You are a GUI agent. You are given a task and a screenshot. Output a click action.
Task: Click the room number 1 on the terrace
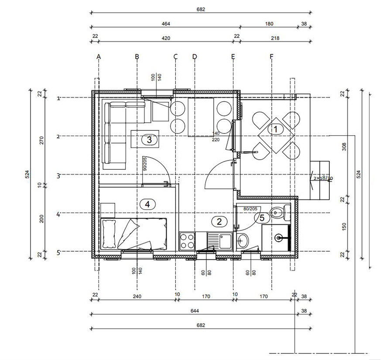(x=275, y=129)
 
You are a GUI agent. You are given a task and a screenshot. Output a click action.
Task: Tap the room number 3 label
(x=149, y=140)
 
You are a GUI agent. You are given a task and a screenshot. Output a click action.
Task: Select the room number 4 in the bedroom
(x=147, y=205)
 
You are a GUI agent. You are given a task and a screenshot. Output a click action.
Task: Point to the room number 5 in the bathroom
(x=262, y=218)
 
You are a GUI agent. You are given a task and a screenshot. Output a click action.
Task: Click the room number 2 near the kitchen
(x=219, y=221)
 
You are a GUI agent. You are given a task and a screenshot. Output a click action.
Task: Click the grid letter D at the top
(x=195, y=57)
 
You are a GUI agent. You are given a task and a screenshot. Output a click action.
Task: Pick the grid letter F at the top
(x=271, y=57)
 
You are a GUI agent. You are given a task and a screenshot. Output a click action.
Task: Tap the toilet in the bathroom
(x=281, y=213)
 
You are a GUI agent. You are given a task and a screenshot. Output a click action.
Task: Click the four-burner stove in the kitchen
(x=187, y=241)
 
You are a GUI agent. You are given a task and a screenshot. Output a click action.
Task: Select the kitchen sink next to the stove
(x=220, y=241)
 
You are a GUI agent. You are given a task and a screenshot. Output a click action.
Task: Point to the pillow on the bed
(x=109, y=234)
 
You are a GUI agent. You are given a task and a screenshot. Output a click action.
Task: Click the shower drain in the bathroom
(x=278, y=238)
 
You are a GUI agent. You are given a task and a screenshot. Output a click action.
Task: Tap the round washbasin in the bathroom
(x=242, y=241)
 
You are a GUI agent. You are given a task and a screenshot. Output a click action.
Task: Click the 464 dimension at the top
(x=166, y=24)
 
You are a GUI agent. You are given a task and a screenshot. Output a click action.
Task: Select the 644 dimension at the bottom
(x=195, y=311)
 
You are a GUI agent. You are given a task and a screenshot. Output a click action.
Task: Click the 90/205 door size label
(x=145, y=164)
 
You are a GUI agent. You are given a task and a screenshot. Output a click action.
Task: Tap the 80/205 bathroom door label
(x=250, y=209)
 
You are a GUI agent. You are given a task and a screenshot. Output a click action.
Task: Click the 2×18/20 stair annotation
(x=323, y=178)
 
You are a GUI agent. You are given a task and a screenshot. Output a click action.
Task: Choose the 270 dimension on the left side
(x=41, y=141)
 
